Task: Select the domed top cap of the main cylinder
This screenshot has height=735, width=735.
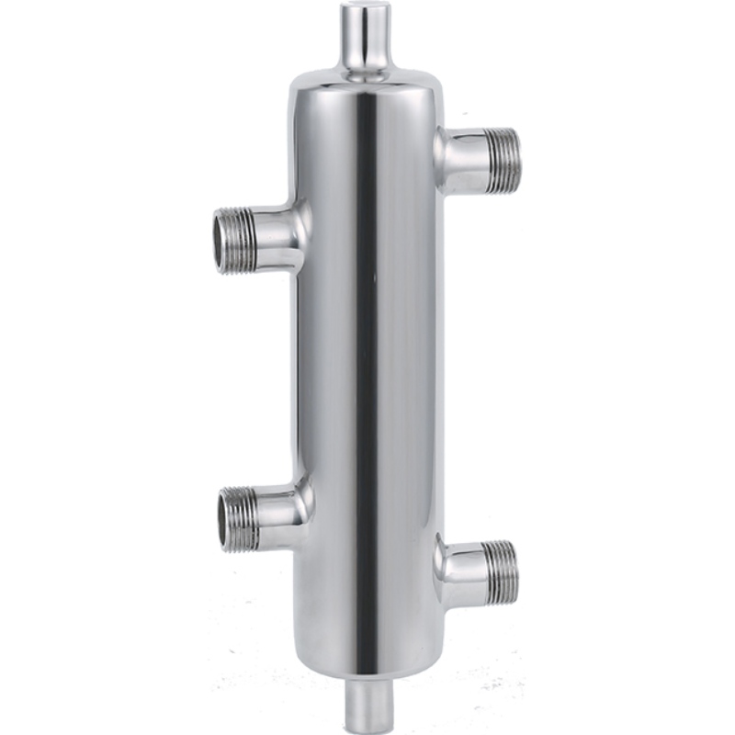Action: tap(367, 87)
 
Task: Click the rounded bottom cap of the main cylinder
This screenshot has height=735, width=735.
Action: tap(367, 657)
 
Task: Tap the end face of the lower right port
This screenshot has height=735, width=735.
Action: tap(514, 570)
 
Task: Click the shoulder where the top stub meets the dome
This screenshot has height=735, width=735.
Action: tap(366, 72)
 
